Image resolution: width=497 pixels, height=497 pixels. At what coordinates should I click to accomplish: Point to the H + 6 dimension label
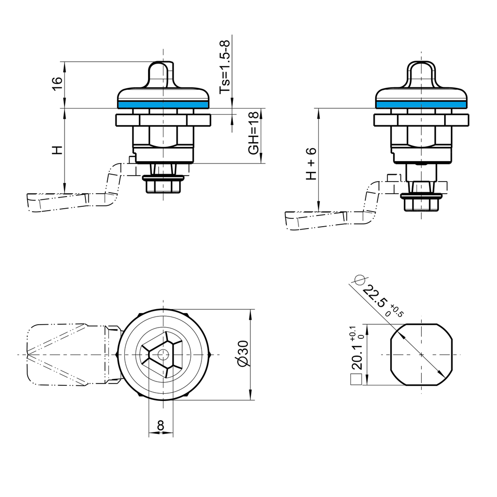[x=311, y=163]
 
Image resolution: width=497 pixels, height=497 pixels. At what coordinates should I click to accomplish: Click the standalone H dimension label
[x=57, y=150]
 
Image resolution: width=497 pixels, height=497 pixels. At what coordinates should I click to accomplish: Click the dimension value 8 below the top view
[x=161, y=426]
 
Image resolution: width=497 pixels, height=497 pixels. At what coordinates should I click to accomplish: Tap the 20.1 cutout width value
[x=357, y=358]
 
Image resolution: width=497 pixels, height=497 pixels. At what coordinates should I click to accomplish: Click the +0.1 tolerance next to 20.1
[x=351, y=333]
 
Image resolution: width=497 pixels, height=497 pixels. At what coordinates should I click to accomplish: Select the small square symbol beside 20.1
[x=356, y=380]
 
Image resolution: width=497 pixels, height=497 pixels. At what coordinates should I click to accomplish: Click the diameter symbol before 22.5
[x=360, y=280]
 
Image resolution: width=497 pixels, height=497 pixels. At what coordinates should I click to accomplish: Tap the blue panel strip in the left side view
[x=163, y=104]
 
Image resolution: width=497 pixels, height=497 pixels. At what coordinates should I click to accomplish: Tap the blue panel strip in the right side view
[x=421, y=104]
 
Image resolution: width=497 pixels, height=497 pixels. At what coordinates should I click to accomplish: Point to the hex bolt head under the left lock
[x=163, y=185]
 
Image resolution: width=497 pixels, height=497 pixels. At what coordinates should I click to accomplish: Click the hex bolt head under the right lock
[x=421, y=204]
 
